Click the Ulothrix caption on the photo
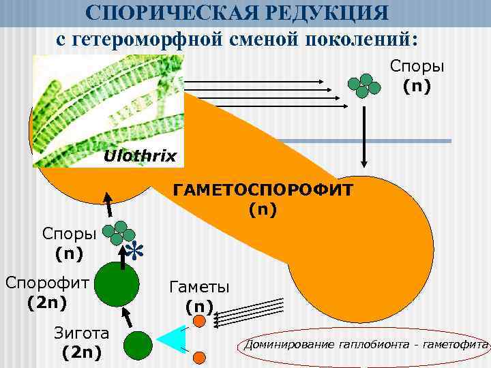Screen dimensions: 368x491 pos(139,157)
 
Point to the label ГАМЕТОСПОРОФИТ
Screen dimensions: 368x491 pos(263,189)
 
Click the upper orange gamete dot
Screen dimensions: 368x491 pos(199,321)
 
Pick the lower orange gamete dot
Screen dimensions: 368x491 pos(199,357)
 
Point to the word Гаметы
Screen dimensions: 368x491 pos(199,287)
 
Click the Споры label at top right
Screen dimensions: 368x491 pos(417,66)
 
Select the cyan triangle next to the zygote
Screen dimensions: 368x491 pos(175,339)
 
